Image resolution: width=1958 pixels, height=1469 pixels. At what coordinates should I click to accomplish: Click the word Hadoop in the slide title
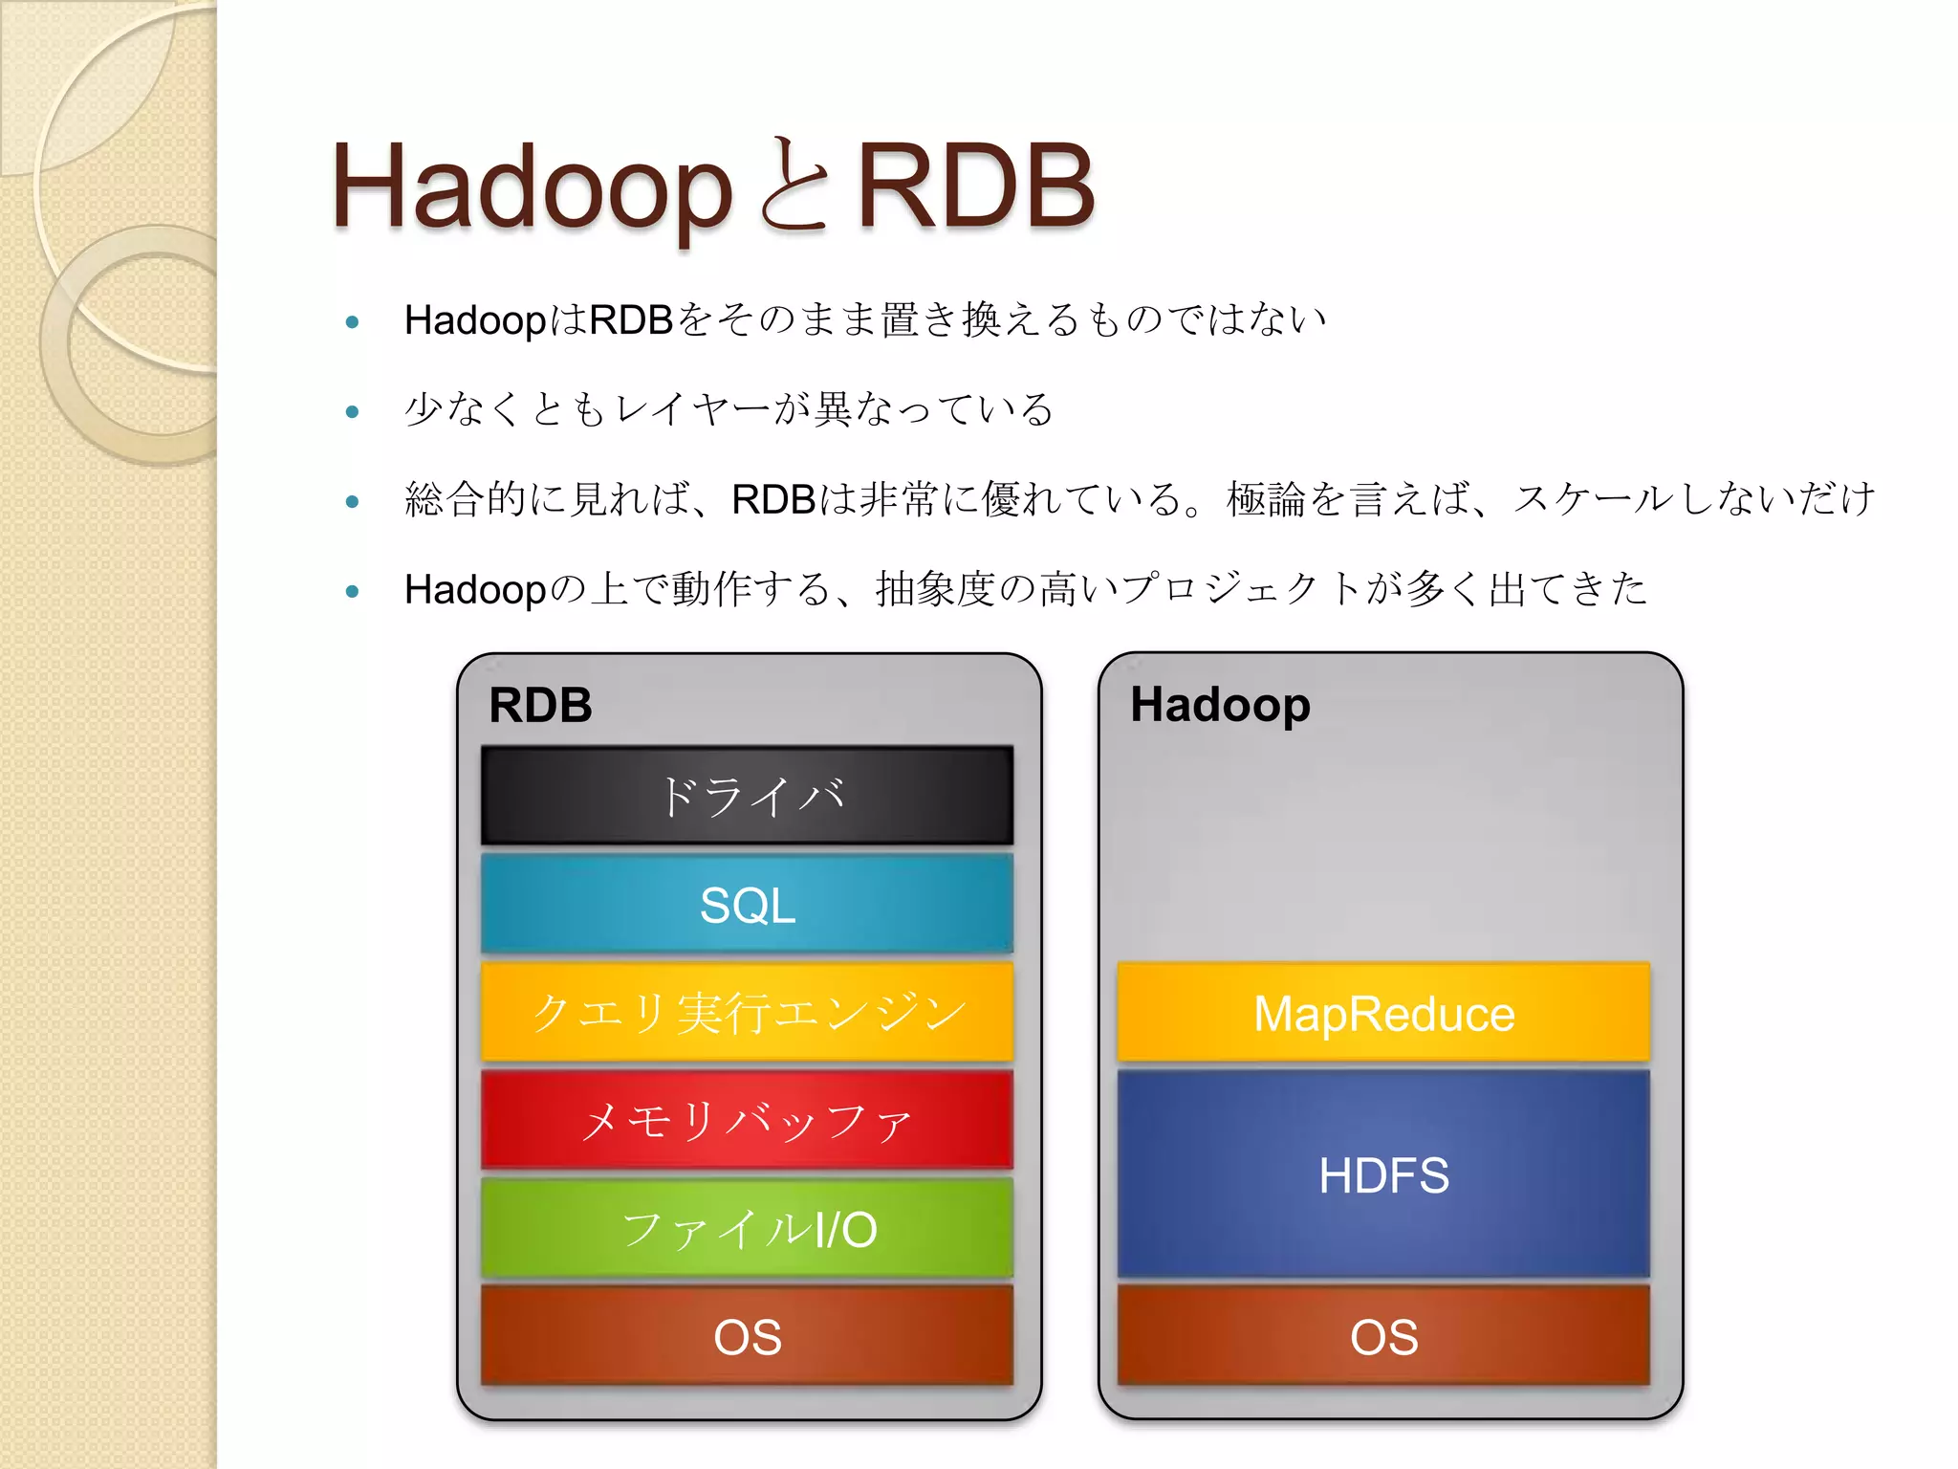coord(532,187)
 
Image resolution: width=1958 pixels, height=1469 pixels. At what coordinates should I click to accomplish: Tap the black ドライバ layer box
coord(747,796)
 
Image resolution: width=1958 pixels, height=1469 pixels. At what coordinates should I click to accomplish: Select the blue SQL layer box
coord(747,905)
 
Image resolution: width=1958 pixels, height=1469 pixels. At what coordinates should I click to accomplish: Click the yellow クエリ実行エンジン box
coord(747,1012)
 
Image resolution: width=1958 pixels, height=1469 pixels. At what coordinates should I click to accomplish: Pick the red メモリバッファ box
coord(747,1120)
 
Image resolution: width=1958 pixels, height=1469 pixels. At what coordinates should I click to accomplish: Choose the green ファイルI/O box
coord(747,1229)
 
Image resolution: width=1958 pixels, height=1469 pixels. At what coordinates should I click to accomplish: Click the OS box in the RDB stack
coord(747,1336)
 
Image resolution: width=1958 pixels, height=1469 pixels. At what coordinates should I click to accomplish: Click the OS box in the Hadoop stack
coord(1383,1336)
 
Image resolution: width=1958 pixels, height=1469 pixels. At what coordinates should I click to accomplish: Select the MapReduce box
coord(1383,1013)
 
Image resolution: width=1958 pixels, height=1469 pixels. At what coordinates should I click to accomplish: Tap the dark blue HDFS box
coord(1383,1174)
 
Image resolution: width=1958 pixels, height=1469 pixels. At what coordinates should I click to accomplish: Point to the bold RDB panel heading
coord(540,706)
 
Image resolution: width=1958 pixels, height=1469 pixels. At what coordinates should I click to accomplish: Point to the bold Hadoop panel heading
coord(1220,705)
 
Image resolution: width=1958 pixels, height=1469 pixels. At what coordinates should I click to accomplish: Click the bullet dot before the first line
coord(352,322)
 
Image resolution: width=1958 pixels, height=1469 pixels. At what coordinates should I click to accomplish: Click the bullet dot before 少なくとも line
coord(352,412)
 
